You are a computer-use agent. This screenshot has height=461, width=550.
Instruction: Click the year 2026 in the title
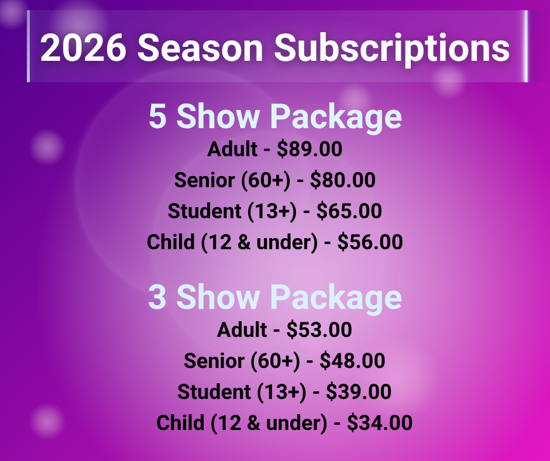(83, 47)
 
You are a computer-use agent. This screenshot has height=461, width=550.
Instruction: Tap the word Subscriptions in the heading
(392, 49)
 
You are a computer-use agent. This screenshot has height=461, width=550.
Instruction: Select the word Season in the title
(200, 47)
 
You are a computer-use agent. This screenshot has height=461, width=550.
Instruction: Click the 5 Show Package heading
(275, 116)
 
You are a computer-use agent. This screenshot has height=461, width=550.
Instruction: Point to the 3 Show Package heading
(275, 298)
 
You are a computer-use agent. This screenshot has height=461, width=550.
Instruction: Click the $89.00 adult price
(310, 149)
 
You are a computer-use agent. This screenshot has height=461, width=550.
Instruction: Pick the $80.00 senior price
(343, 180)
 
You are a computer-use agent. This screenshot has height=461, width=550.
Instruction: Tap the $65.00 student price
(349, 211)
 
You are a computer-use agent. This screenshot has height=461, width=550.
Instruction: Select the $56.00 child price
(370, 242)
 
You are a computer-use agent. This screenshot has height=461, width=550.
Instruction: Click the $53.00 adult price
(319, 330)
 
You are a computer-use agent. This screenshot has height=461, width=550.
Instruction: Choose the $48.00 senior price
(352, 360)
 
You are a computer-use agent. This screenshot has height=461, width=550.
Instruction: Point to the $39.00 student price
(359, 391)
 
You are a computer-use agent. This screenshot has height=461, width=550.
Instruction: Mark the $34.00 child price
(380, 422)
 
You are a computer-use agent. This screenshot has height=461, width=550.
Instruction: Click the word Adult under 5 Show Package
(232, 149)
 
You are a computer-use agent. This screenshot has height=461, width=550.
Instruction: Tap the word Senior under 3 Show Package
(214, 361)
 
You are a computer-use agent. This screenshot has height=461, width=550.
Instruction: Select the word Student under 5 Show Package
(205, 211)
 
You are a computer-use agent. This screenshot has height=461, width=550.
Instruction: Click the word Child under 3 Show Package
(180, 423)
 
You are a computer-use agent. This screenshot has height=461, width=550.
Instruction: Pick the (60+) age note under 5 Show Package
(266, 180)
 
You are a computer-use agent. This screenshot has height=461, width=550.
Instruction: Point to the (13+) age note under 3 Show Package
(281, 392)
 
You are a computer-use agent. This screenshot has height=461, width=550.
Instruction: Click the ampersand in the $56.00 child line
(244, 242)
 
